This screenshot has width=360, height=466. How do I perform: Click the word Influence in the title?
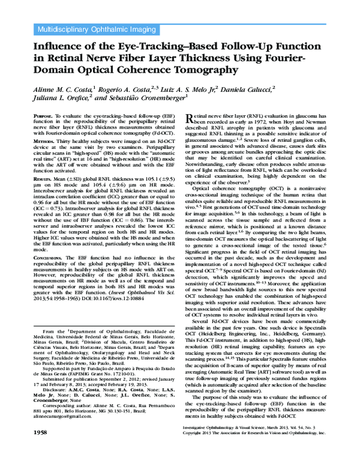click(60, 46)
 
